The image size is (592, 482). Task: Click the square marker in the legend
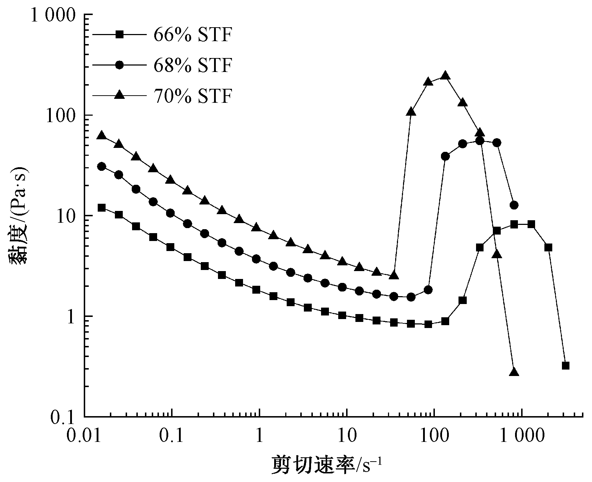[x=120, y=35]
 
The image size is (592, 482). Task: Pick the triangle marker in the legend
[x=120, y=95]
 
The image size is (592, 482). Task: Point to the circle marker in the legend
[x=120, y=65]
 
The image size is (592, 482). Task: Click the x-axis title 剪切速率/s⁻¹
[x=327, y=465]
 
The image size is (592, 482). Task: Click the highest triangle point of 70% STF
[x=445, y=76]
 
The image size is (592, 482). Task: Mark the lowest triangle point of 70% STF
[x=514, y=372]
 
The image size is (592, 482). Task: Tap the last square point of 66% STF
[x=566, y=366]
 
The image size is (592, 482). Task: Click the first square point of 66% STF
[x=102, y=208]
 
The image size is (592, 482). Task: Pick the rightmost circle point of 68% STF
[x=514, y=205]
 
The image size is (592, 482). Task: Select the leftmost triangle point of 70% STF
[x=102, y=136]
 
